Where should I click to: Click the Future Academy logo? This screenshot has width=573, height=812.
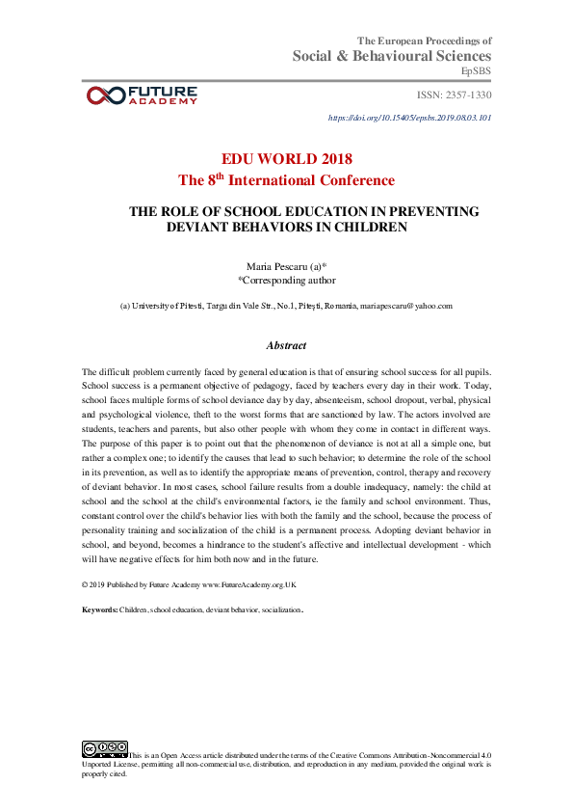[142, 95]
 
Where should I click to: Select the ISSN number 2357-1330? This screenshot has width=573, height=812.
[454, 95]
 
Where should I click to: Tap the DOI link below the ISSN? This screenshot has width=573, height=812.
[410, 117]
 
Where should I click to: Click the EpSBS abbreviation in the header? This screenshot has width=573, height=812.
[477, 71]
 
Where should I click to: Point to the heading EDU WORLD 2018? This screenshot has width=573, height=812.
[286, 158]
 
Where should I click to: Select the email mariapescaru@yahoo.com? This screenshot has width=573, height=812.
[405, 305]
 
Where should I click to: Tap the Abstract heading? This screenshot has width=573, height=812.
[286, 345]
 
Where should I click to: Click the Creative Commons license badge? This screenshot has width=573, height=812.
[105, 748]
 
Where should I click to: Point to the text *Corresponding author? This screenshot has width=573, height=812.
[286, 281]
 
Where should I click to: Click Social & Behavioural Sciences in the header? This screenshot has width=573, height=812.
[392, 56]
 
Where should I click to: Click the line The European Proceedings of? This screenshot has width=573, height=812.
[425, 41]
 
